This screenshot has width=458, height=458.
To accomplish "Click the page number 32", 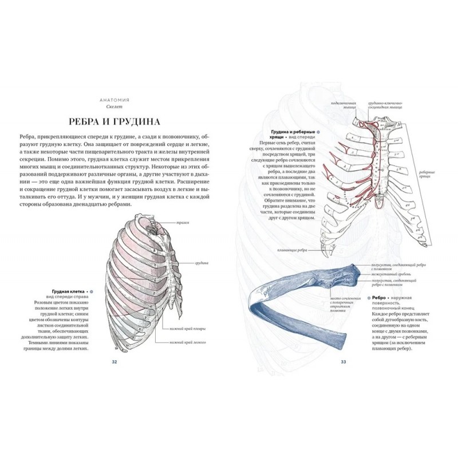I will [114, 361].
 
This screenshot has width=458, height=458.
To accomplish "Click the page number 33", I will [343, 361].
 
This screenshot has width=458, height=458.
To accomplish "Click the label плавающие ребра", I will [292, 250].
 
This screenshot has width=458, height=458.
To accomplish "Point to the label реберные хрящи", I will [425, 175].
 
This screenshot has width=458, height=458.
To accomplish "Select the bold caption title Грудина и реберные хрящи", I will [284, 131].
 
